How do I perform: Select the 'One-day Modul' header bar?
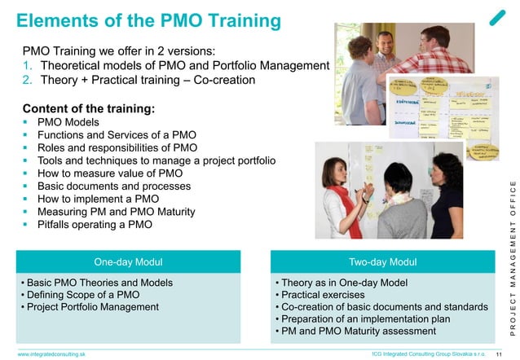127,261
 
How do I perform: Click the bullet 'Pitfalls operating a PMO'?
95,225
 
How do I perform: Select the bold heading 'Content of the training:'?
88,107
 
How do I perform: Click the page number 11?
501,354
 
